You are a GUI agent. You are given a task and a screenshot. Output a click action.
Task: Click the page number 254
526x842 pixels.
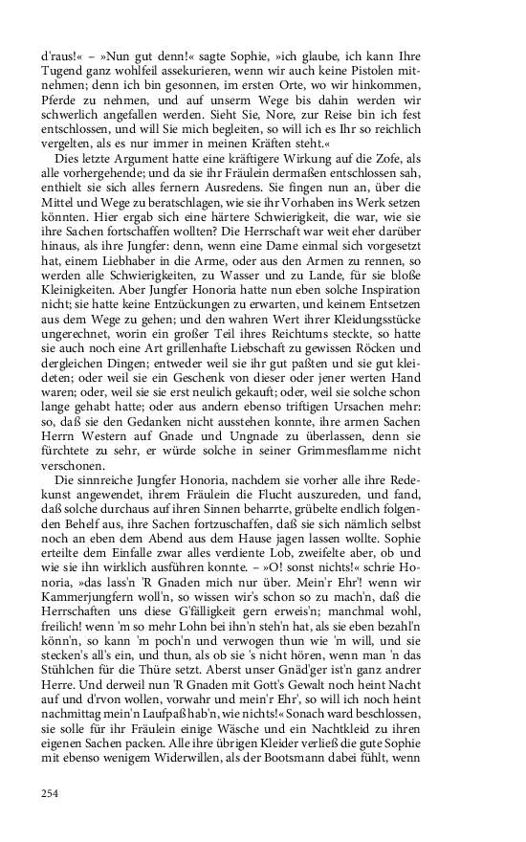click(x=51, y=791)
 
